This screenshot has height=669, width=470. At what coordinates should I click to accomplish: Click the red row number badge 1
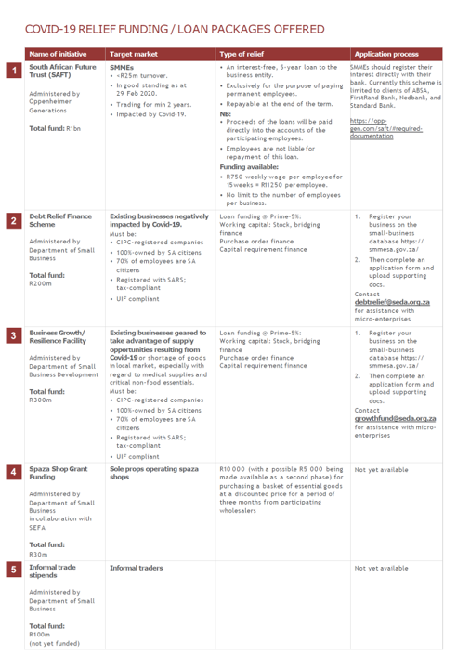pyautogui.click(x=13, y=70)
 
